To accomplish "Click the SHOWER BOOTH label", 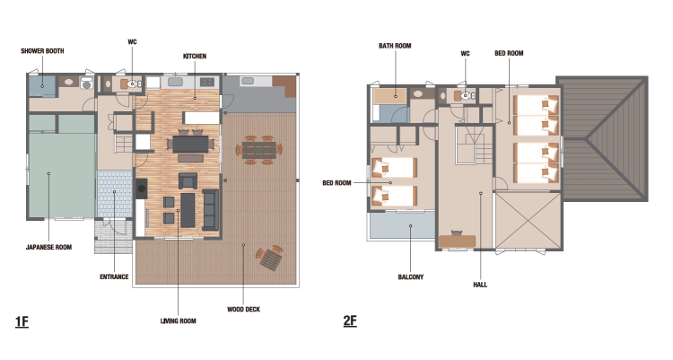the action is coord(42,50).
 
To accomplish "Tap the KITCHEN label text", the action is coord(195,57).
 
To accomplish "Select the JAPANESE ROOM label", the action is coord(49,247).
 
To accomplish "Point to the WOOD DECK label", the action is coord(243,310).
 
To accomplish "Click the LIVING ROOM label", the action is coord(179,320).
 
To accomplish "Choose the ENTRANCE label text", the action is coord(114,277).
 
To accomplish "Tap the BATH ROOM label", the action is coord(395,46).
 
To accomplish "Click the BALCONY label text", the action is coord(411,277).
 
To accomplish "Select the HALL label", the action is coord(480,285).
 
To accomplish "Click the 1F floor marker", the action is coord(22,321).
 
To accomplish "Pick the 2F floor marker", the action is coord(350,320).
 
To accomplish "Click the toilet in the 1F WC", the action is coord(135,84).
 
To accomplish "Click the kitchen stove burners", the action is coord(207,82).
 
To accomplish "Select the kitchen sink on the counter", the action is coord(175,82).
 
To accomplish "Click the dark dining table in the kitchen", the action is coord(190,144).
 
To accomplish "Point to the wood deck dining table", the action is coord(259,150).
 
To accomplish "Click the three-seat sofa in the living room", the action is coord(210,210).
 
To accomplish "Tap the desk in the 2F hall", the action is coord(457,241).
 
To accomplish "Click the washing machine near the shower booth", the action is coord(87,83).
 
